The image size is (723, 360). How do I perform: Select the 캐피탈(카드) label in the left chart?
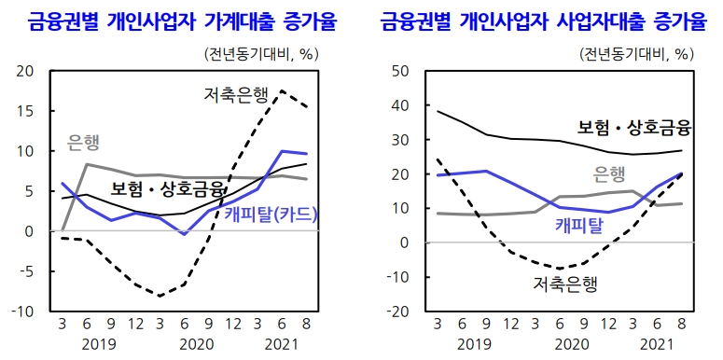[x=271, y=215]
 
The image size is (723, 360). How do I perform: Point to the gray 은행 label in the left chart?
[x=84, y=143]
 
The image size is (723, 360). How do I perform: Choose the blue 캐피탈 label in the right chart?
[x=580, y=224]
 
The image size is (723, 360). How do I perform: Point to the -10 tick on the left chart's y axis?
[x=22, y=312]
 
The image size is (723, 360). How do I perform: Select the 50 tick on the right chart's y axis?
[x=402, y=71]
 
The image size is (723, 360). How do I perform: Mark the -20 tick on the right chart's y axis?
[x=398, y=312]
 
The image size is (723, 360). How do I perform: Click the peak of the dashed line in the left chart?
[x=281, y=90]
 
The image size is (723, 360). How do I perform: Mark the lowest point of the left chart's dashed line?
[x=160, y=296]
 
